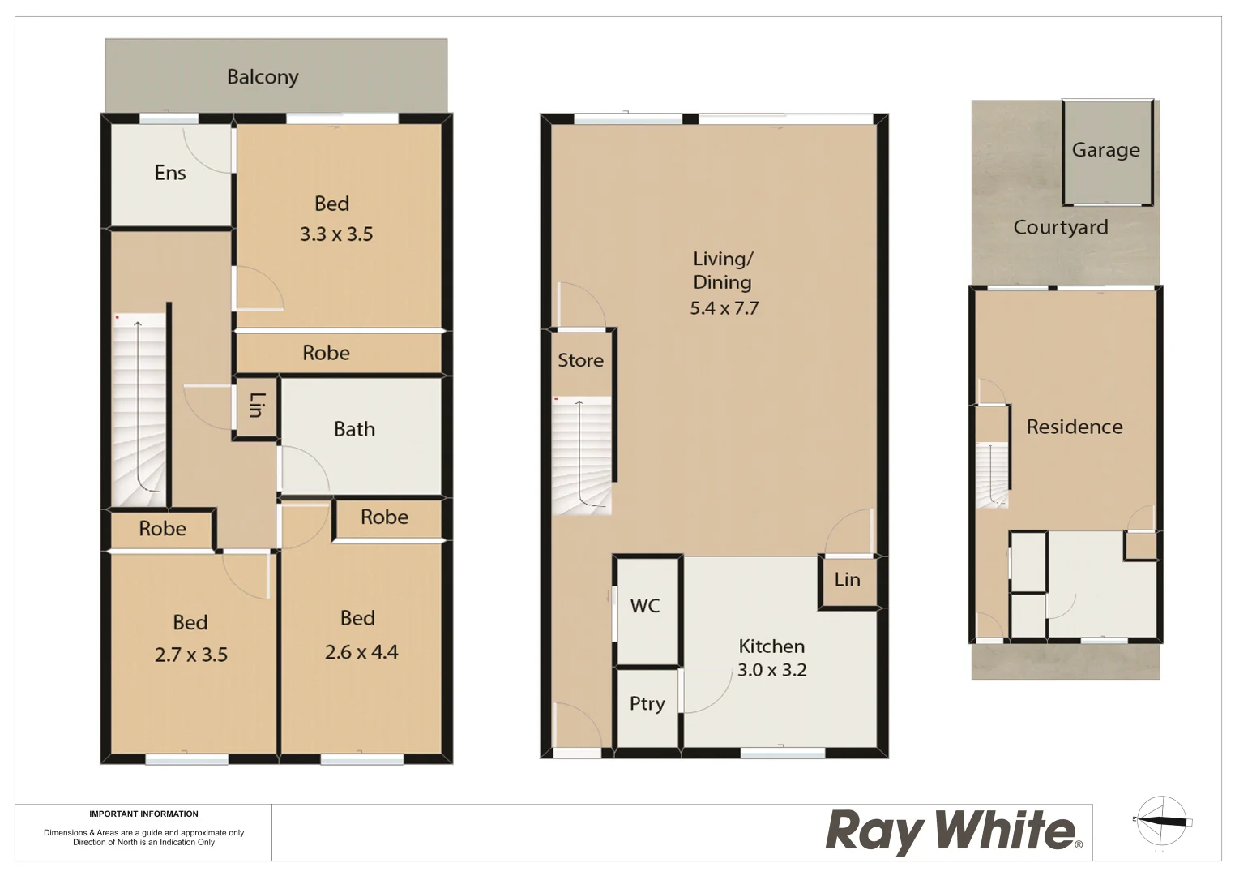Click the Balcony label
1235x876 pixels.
263,77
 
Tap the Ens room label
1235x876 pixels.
170,173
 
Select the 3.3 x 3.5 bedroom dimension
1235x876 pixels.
336,234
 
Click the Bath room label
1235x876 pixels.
354,429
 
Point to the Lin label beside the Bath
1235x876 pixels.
256,405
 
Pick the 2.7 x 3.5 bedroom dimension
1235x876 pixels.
191,655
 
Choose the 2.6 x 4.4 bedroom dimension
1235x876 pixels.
361,652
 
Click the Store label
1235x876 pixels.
580,360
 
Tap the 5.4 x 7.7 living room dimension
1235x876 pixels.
724,308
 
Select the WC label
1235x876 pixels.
645,606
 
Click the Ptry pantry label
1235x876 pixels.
647,703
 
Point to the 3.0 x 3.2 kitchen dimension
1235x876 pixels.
771,670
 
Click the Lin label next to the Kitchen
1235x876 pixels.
847,579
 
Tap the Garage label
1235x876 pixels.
1105,150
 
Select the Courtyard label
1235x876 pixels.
1061,227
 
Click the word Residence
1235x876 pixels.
1075,427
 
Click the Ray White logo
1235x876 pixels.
953,831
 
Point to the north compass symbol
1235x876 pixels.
1161,821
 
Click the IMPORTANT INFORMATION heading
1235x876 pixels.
143,814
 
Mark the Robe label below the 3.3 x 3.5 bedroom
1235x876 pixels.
326,353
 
